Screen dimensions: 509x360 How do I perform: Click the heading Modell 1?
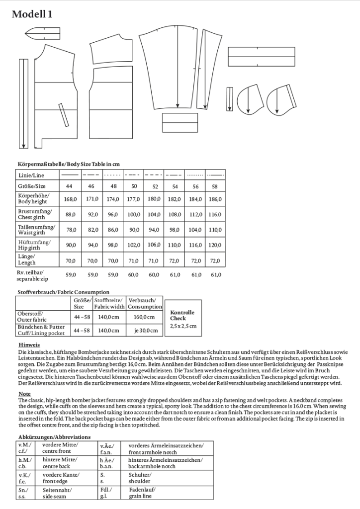coord(32,14)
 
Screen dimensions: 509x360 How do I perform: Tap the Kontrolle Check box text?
coord(182,315)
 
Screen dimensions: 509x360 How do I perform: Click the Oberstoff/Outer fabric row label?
coord(33,317)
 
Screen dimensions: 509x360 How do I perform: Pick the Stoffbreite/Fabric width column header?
coord(107,304)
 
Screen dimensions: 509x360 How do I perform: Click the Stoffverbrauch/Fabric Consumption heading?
coord(63,292)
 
